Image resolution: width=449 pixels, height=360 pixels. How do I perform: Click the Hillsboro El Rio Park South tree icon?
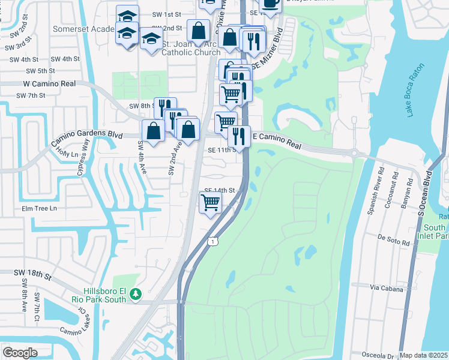[136, 295]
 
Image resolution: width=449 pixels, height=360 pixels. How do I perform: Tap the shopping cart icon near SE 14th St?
[210, 203]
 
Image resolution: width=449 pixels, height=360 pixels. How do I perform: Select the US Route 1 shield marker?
[212, 241]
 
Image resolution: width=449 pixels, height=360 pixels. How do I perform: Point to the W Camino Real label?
[50, 84]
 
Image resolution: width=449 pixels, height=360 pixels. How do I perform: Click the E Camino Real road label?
[276, 138]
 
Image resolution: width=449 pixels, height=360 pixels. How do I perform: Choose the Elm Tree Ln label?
[39, 208]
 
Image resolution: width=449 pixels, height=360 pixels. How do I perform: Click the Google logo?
[20, 353]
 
